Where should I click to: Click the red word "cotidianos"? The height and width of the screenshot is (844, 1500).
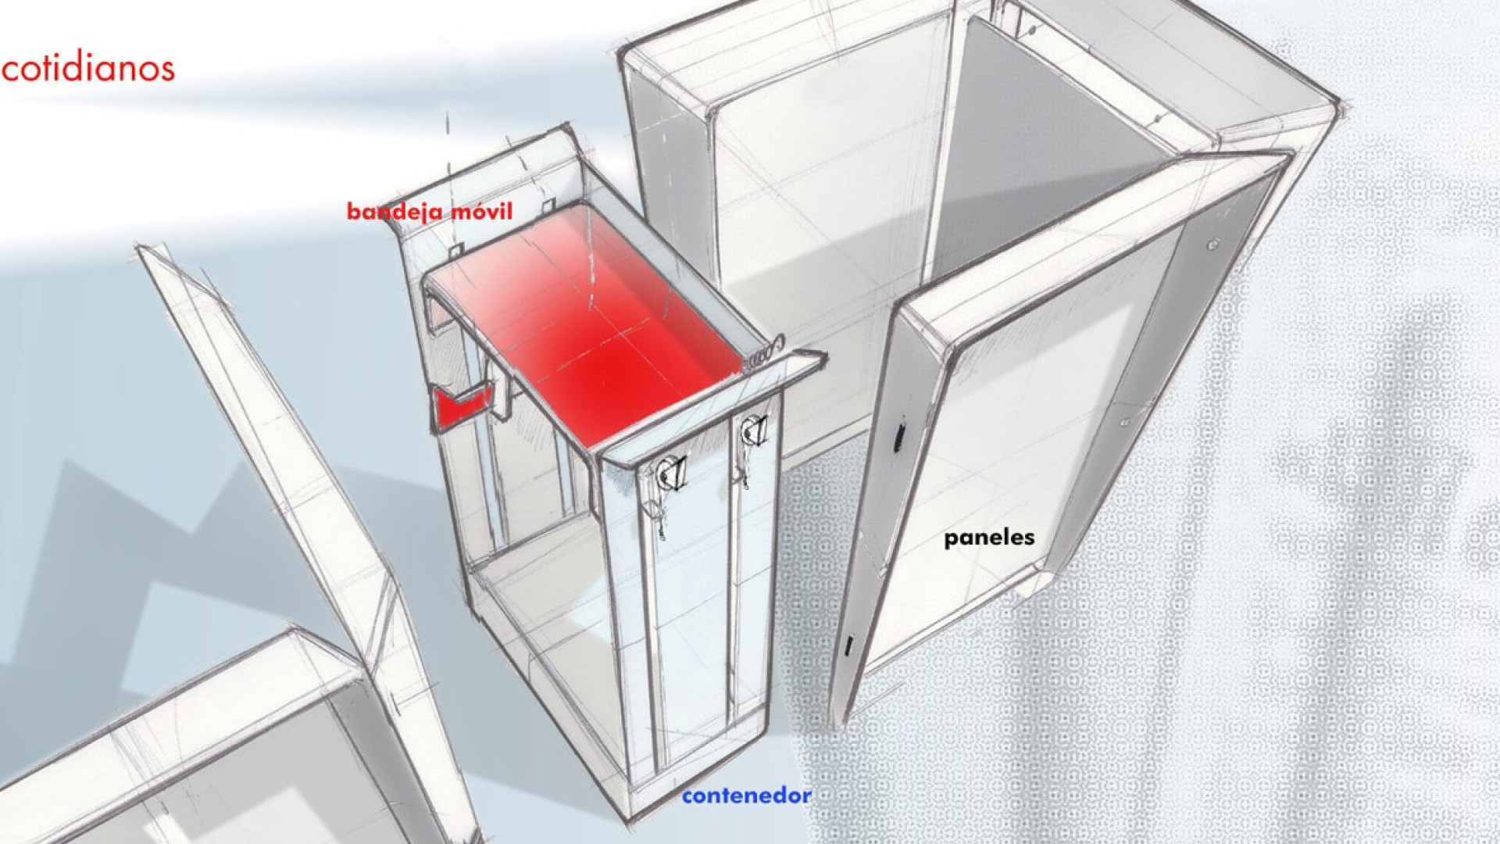click(x=87, y=68)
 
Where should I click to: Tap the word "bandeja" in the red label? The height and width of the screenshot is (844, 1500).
click(x=394, y=212)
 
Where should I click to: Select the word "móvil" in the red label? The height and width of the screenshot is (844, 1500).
click(x=480, y=211)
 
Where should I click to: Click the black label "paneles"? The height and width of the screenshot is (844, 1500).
click(x=989, y=538)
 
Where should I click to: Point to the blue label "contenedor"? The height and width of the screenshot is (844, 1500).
click(x=746, y=796)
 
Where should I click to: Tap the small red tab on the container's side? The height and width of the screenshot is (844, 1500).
click(x=464, y=406)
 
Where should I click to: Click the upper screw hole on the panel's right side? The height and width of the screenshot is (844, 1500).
click(x=1212, y=245)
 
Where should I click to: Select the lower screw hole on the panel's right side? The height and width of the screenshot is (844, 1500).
click(x=1126, y=421)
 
